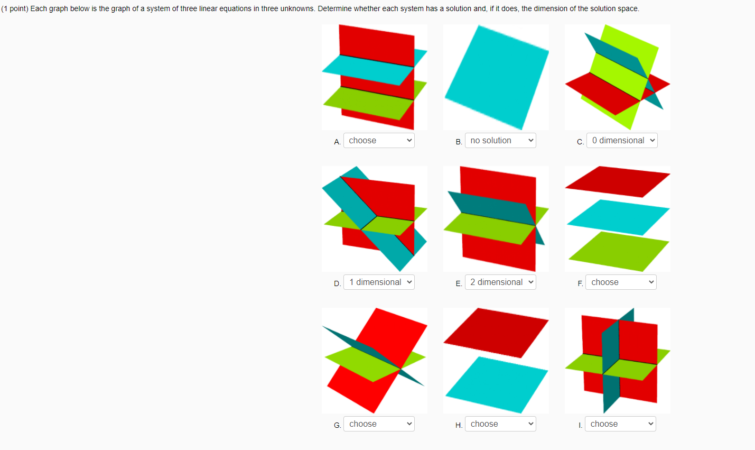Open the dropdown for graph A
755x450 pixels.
point(379,141)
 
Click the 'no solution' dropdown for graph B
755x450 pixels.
point(500,141)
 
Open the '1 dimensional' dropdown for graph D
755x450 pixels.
point(379,282)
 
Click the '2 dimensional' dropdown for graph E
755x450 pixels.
point(500,282)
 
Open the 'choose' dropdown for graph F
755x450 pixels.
point(621,282)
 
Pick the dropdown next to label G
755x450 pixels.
point(379,424)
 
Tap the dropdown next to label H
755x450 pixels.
point(500,424)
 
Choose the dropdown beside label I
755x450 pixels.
point(620,424)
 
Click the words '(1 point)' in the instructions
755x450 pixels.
point(14,9)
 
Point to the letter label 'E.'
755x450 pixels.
point(459,283)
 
